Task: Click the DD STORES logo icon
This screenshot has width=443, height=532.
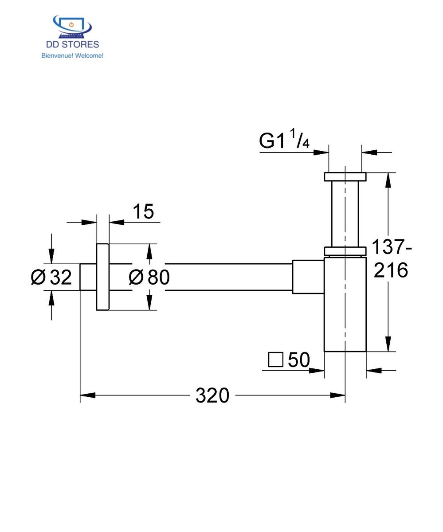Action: click(x=72, y=27)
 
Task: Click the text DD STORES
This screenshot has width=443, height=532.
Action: click(x=72, y=44)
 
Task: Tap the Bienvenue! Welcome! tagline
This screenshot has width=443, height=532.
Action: click(x=72, y=56)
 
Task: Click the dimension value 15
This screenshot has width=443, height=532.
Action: click(x=143, y=212)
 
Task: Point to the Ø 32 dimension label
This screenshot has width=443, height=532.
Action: click(x=51, y=278)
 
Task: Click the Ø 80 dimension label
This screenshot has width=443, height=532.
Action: click(x=149, y=278)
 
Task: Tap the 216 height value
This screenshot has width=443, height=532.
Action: click(x=391, y=270)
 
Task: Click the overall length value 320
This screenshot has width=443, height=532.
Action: click(x=212, y=395)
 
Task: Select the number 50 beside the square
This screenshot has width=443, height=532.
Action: click(x=299, y=360)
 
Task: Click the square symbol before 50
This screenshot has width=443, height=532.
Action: click(x=275, y=360)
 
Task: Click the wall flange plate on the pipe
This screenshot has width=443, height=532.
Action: click(x=102, y=277)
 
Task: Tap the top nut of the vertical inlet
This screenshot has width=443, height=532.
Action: click(x=345, y=176)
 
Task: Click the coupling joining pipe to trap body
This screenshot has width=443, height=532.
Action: click(x=308, y=277)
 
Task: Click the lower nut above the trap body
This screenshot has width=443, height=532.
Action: click(x=345, y=251)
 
